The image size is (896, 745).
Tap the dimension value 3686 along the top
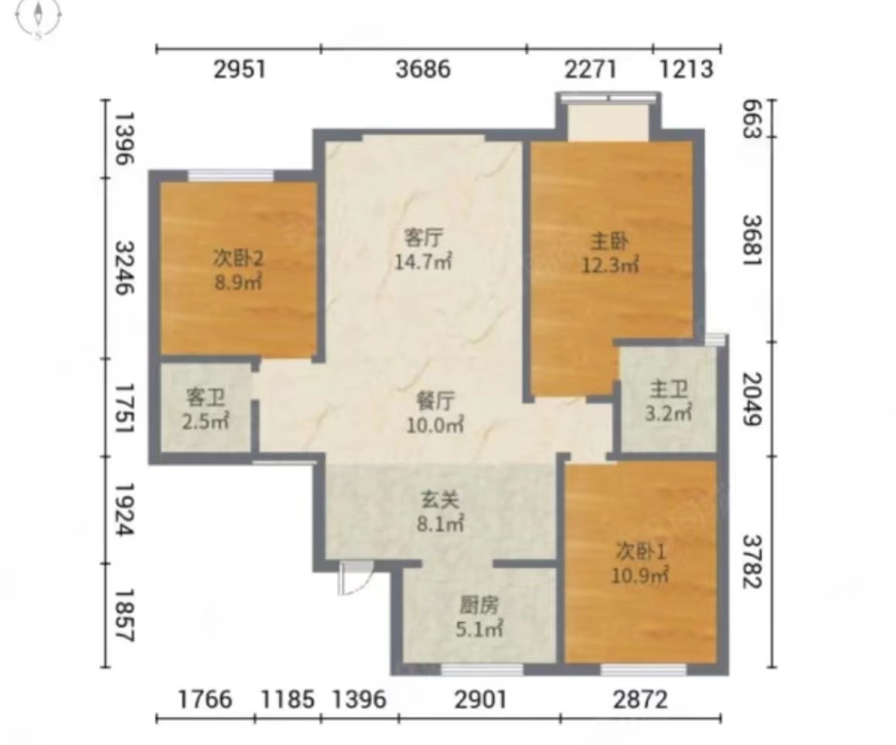423,70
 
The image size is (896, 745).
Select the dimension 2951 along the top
240,70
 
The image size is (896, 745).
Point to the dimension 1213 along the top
686,70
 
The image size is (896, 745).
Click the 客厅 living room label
424,236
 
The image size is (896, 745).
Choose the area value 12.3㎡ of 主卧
610,265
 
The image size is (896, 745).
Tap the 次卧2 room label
238,259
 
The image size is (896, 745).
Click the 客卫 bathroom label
206,397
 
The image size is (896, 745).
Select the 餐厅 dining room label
435,401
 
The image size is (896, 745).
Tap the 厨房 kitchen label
479,605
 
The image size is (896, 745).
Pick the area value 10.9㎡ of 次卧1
640,575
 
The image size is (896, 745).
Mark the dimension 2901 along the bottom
480,699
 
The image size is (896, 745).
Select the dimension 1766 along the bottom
205,699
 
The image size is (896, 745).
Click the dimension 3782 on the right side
752,561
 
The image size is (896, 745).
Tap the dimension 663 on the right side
752,120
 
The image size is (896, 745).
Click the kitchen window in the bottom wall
482,669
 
